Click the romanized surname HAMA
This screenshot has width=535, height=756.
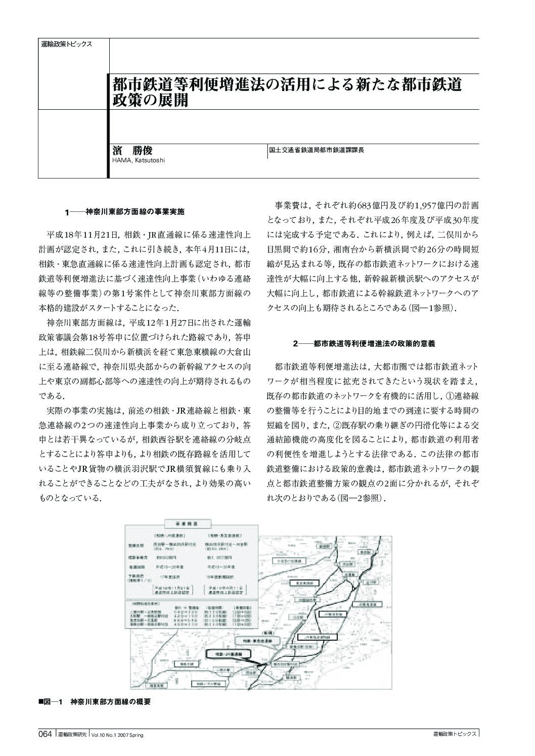(x=120, y=160)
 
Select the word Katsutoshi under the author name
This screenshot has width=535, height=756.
(x=150, y=160)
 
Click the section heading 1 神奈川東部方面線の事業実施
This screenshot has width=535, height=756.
(x=127, y=212)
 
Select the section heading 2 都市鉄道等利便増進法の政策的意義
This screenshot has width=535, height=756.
(x=364, y=343)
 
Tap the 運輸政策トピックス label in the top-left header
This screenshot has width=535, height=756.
(x=66, y=44)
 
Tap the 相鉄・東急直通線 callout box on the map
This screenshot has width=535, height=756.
(x=256, y=641)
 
